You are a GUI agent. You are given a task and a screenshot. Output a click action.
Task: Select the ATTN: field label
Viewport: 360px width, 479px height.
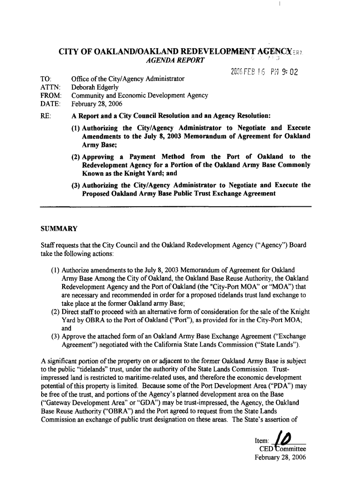(50, 87)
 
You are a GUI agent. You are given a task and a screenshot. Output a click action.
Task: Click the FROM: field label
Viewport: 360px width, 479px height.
(51, 95)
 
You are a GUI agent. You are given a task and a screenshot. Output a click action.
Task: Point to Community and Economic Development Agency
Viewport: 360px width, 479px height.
(139, 95)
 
